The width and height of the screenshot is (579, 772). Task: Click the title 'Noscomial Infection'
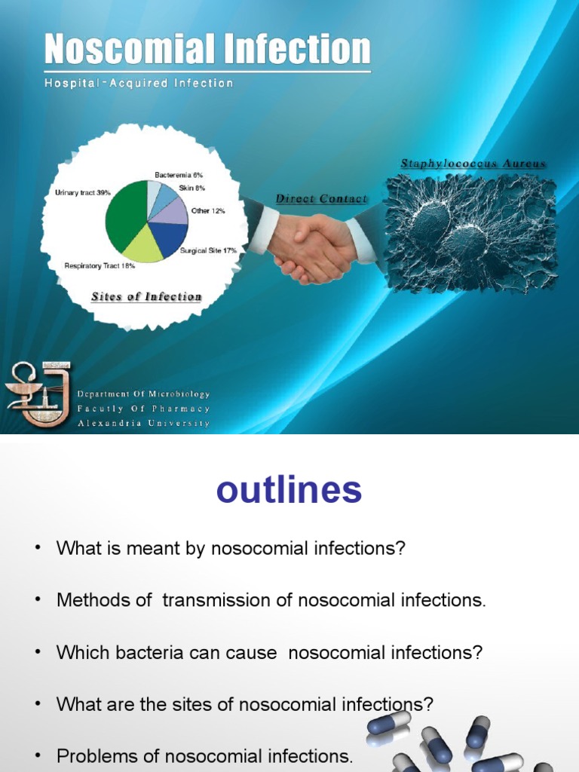[x=207, y=50]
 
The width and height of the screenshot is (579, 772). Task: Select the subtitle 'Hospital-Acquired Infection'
[x=139, y=84]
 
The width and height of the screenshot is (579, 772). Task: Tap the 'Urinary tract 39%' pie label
[x=83, y=193]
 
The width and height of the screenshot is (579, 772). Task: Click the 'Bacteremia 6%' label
[x=179, y=175]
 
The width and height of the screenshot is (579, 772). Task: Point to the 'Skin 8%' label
[x=191, y=188]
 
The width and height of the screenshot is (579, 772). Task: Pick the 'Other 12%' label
[x=208, y=211]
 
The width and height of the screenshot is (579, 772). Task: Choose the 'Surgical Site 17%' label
[x=208, y=250]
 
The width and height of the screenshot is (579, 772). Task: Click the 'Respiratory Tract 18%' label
[x=100, y=266]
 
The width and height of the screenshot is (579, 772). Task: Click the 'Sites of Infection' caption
[x=146, y=297]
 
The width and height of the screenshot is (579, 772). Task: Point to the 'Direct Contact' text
[x=322, y=199]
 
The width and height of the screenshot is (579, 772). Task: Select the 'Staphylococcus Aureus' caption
[x=473, y=164]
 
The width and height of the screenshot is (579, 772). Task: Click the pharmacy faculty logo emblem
[x=36, y=394]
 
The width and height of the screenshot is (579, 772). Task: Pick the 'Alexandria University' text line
[x=144, y=424]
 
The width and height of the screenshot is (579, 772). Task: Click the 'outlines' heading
[x=289, y=491]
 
